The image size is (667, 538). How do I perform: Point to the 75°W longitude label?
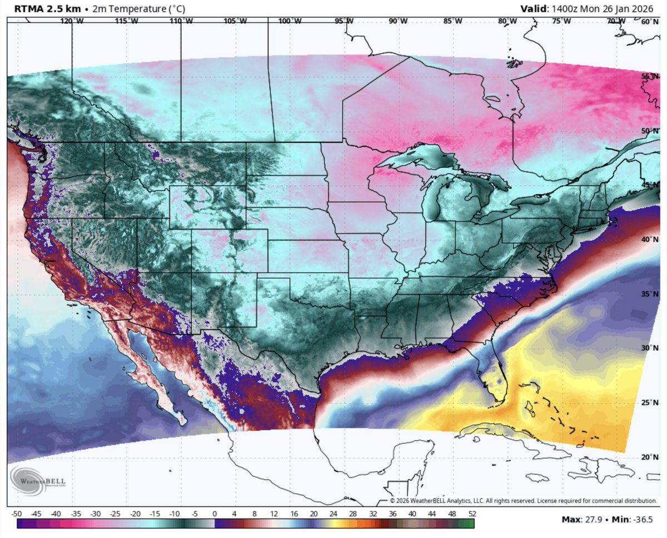pyautogui.click(x=561, y=21)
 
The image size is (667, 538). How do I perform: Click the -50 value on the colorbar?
pyautogui.click(x=16, y=513)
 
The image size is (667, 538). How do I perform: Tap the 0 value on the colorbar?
pyautogui.click(x=215, y=513)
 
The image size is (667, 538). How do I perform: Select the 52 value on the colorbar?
pyautogui.click(x=472, y=513)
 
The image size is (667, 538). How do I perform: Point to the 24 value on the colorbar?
pyautogui.click(x=333, y=513)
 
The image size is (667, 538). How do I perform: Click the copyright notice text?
pyautogui.click(x=522, y=500)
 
